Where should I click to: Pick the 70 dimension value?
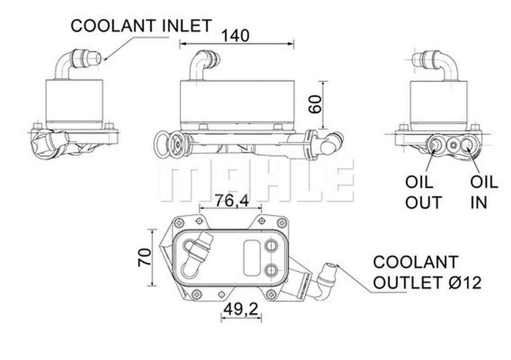145,257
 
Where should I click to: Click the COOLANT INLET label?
141,26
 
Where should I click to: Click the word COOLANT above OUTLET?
415,263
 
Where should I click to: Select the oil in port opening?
467,144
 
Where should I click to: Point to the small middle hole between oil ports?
453,145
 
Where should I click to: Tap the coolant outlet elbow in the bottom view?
325,280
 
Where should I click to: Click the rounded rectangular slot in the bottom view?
252,258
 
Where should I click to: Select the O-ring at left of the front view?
163,144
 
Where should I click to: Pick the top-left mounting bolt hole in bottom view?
179,223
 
